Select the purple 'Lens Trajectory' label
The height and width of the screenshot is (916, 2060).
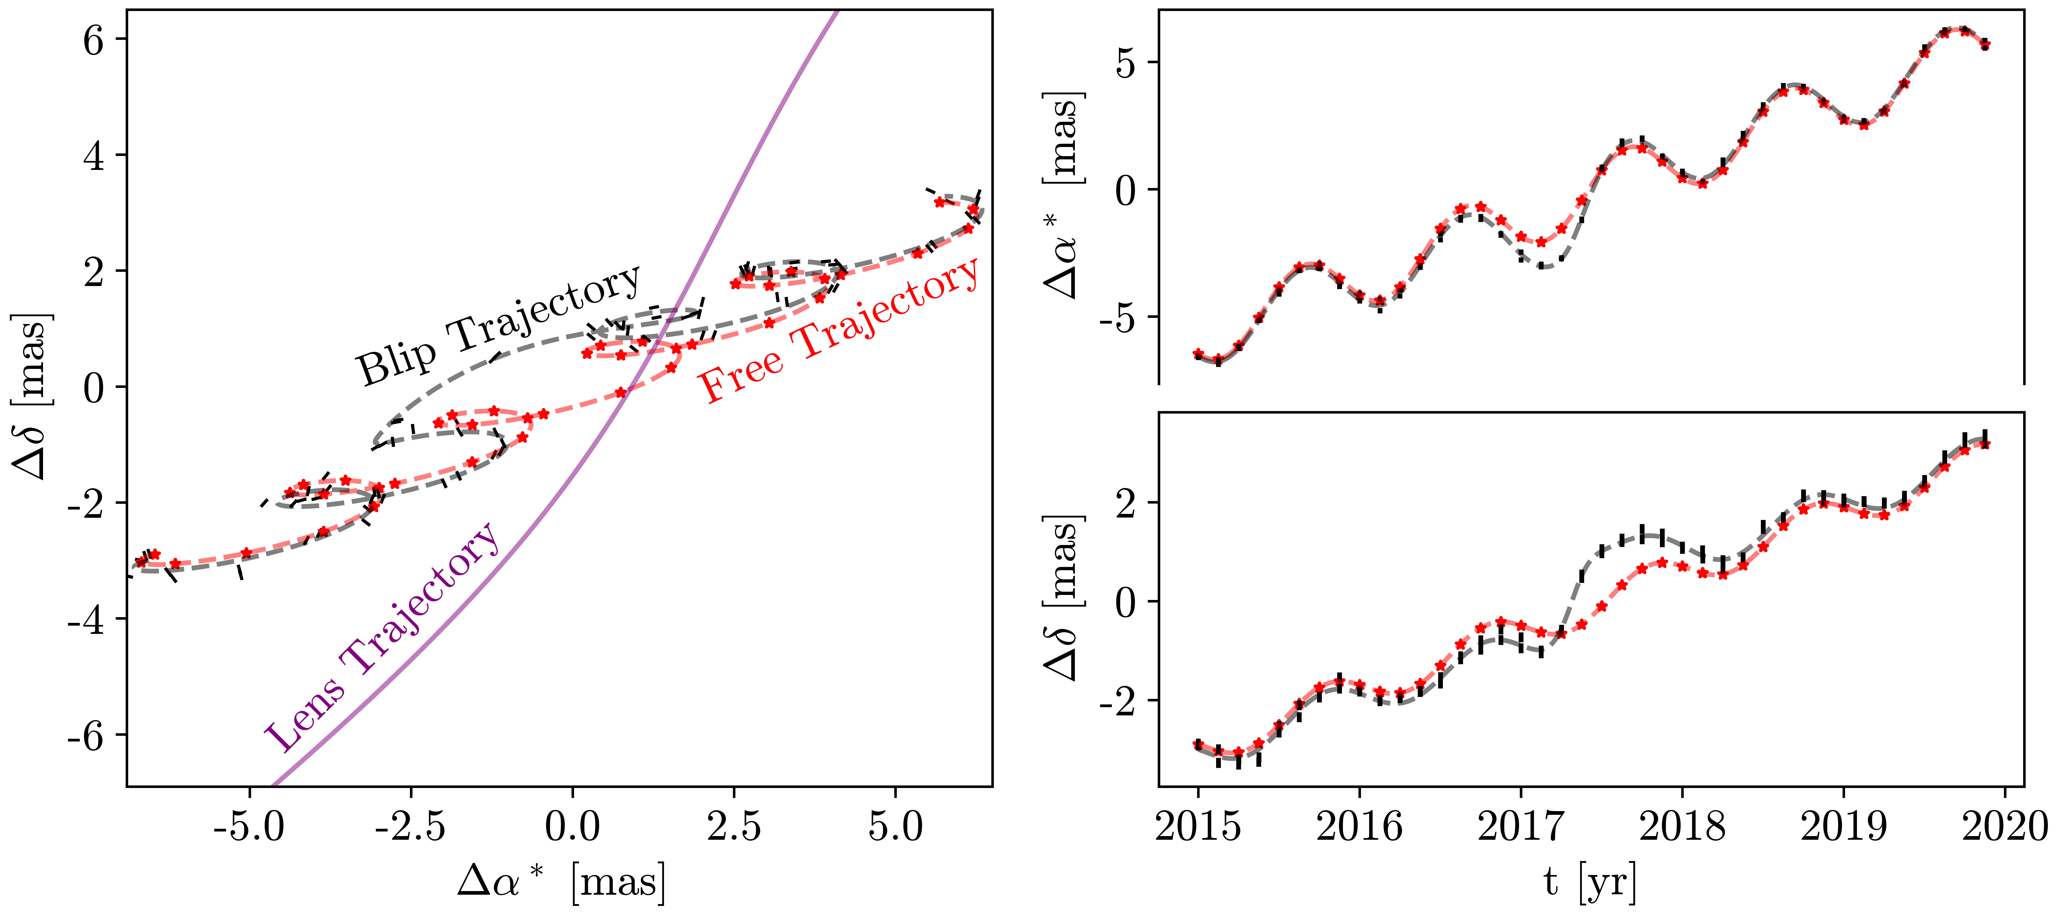click(382, 638)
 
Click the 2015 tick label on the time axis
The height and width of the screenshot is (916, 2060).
click(1198, 826)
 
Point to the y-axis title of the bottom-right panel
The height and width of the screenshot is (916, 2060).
click(1064, 598)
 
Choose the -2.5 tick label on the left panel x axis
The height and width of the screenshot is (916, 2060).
click(410, 826)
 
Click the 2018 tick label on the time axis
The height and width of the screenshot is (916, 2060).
click(1683, 826)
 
